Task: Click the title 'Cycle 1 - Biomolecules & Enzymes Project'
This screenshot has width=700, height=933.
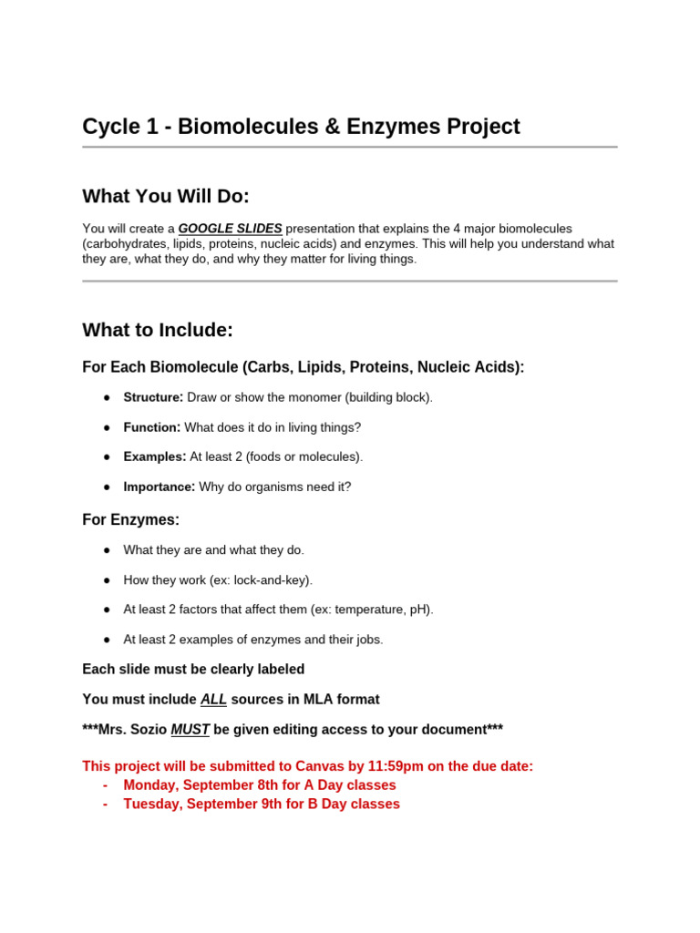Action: pyautogui.click(x=301, y=127)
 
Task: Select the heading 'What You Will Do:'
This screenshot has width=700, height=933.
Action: pyautogui.click(x=166, y=197)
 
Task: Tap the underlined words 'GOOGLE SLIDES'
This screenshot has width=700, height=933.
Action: pyautogui.click(x=230, y=229)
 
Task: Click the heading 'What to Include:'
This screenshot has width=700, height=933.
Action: pyautogui.click(x=158, y=330)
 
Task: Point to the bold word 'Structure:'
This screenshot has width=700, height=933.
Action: pyautogui.click(x=153, y=397)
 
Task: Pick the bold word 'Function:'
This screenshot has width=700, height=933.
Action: pyautogui.click(x=152, y=427)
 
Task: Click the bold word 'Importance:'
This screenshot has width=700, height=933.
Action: pyautogui.click(x=160, y=487)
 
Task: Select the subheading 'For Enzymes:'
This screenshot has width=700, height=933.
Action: pyautogui.click(x=130, y=520)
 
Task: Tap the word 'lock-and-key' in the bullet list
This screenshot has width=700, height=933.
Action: pyautogui.click(x=271, y=580)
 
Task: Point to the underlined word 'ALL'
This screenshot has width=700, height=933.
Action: pyautogui.click(x=213, y=700)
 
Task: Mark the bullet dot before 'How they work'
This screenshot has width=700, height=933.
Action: pyautogui.click(x=107, y=580)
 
